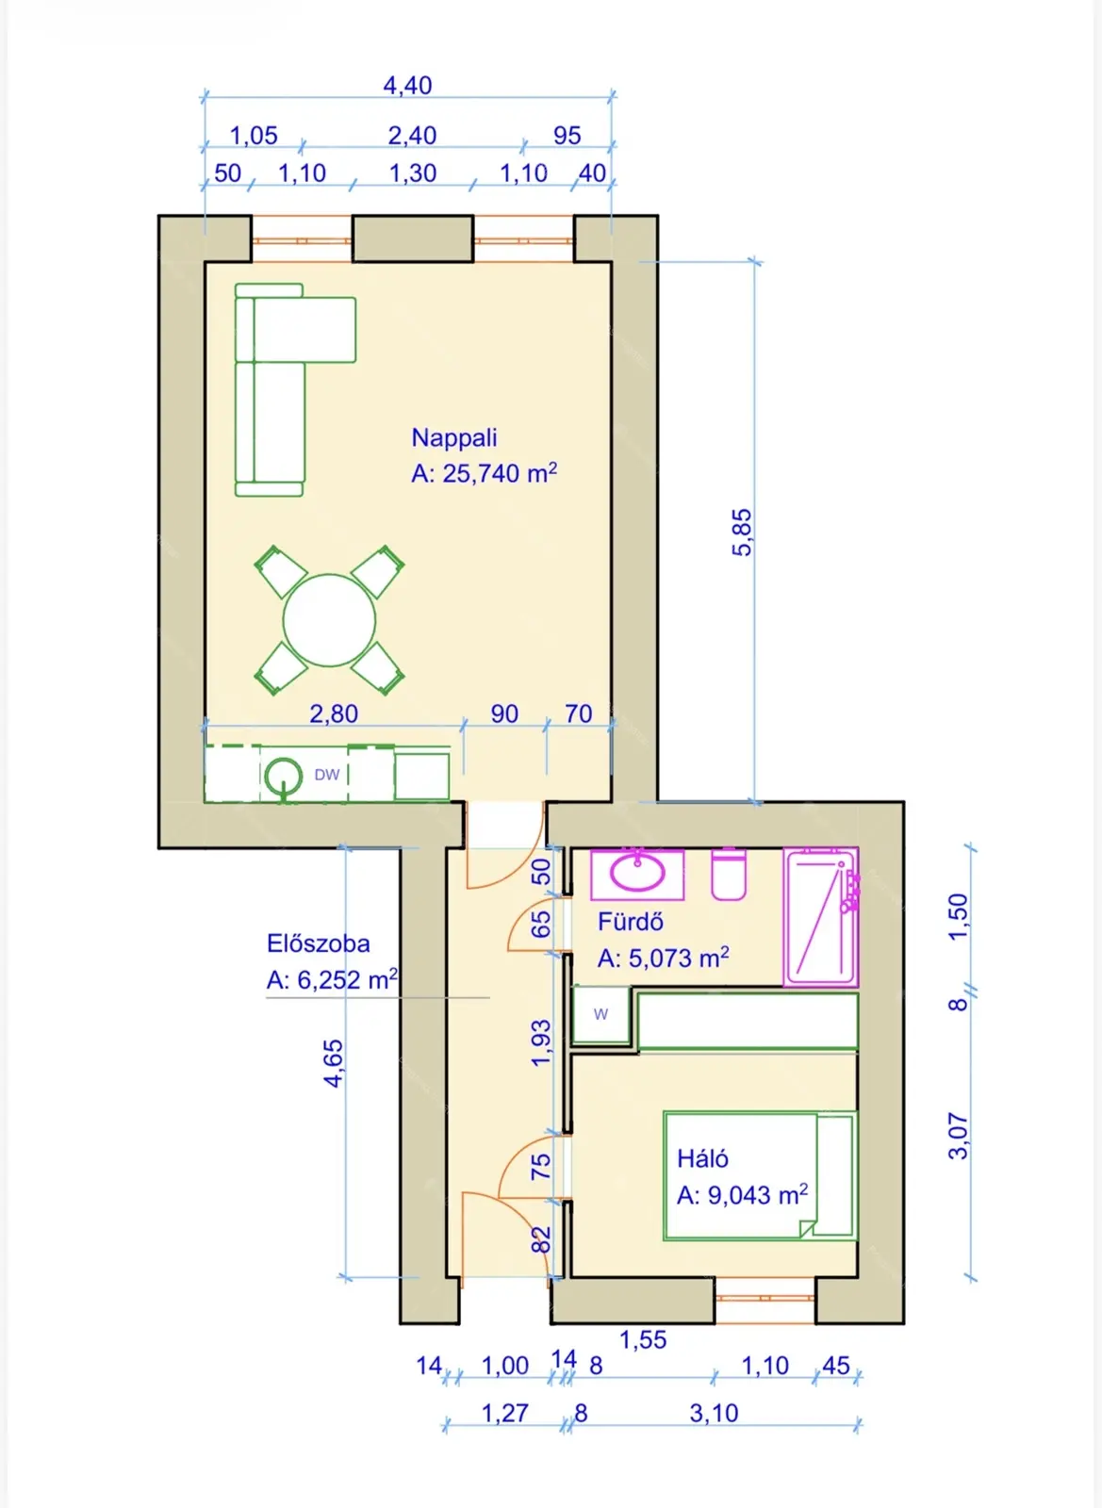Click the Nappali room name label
pos(454,437)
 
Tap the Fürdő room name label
pos(631,922)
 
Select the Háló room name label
pos(703,1158)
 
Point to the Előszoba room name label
pos(319,943)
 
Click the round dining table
pos(329,620)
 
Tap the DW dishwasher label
pos(327,775)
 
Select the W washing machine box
pos(601,1014)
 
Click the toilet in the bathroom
pos(729,874)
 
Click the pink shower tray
pos(821,917)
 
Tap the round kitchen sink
pos(284,776)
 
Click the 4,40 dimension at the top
pos(407,86)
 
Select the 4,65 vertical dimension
pos(333,1064)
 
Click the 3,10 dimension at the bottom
pos(714,1413)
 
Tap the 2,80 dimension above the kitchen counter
pos(333,713)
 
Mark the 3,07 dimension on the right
pos(959,1137)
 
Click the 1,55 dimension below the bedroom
pos(643,1339)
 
